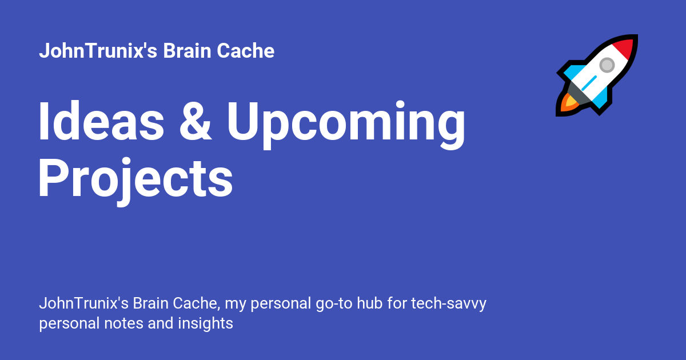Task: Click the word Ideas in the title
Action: tap(101, 121)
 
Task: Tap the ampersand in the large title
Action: tap(196, 122)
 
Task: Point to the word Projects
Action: tap(135, 181)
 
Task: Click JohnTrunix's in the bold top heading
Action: tap(98, 50)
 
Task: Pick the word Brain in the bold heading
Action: tap(187, 50)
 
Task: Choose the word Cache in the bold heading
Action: tap(246, 50)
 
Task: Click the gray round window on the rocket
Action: tap(607, 65)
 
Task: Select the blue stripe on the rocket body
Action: tap(589, 83)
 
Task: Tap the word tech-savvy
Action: tap(449, 304)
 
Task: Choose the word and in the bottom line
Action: tap(161, 323)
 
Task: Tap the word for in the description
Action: tap(397, 303)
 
